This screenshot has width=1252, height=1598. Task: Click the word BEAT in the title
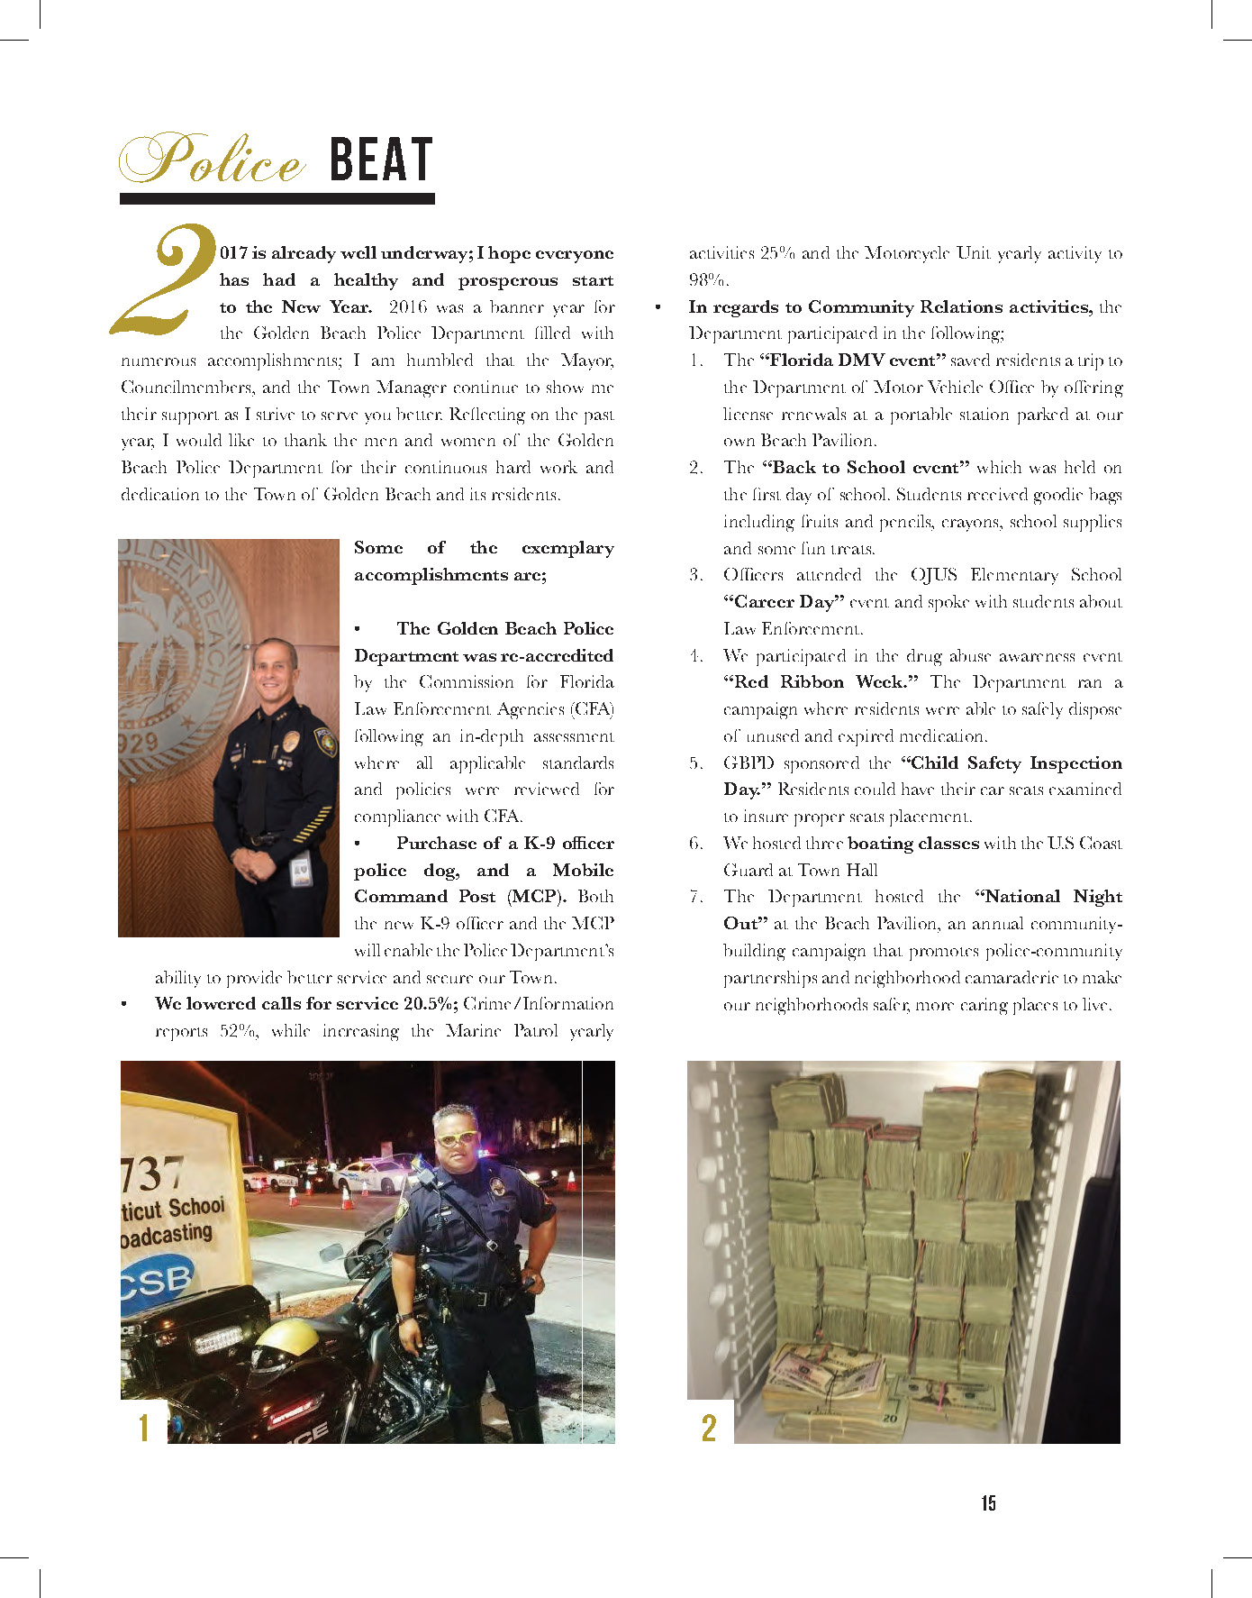click(x=381, y=160)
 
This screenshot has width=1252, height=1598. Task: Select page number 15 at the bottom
click(x=988, y=1502)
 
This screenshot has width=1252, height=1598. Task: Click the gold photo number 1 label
click(x=143, y=1428)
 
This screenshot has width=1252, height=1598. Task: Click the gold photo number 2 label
click(x=709, y=1428)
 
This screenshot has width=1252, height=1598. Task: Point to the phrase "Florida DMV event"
click(x=852, y=361)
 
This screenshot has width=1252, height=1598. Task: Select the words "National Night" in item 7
click(x=1048, y=897)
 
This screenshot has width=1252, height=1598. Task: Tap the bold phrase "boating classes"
click(x=912, y=844)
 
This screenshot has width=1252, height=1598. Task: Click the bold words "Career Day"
click(x=784, y=602)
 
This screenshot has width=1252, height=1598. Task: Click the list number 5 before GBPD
click(x=695, y=763)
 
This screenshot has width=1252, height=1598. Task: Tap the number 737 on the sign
click(x=151, y=1174)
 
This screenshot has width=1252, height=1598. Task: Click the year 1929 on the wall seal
click(x=141, y=744)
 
